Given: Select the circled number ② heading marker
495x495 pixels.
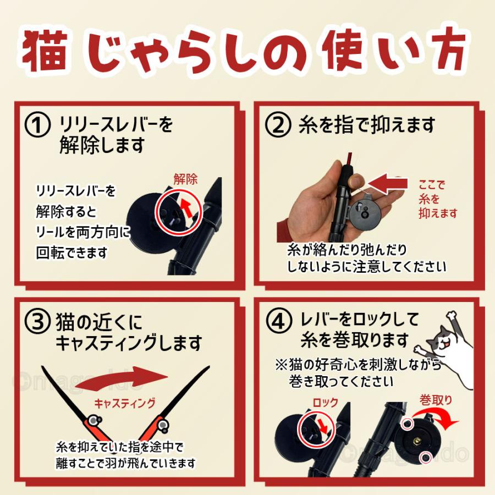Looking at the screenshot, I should click(x=278, y=126).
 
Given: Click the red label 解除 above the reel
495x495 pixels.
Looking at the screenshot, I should click(x=185, y=179).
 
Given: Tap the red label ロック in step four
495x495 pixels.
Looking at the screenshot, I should click(x=325, y=403).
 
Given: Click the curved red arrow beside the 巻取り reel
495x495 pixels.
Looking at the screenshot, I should click(x=451, y=424).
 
